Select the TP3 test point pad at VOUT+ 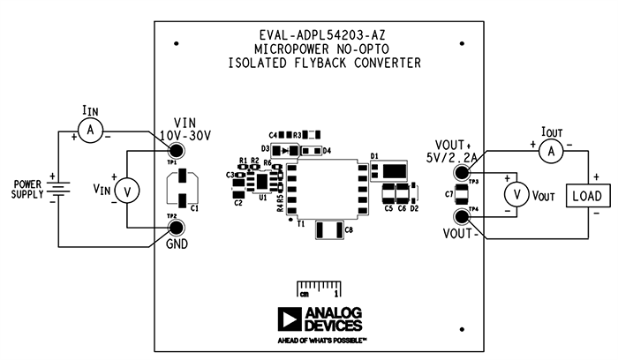462,172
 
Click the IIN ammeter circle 88,131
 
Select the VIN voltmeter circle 128,189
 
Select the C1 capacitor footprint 181,187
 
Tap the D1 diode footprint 393,169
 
